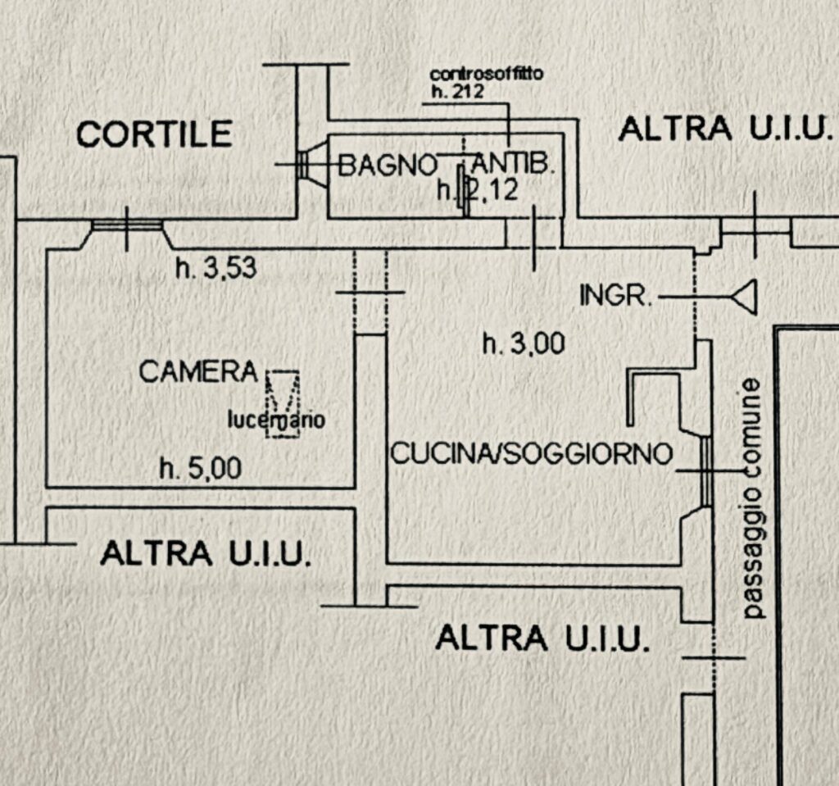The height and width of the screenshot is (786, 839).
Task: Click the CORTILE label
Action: click(x=155, y=134)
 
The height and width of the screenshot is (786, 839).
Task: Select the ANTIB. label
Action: click(x=514, y=166)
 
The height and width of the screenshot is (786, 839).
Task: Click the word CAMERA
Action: click(x=198, y=372)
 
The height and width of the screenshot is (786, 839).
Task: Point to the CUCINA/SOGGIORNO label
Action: click(x=532, y=454)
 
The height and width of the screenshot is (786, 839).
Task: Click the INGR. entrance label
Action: click(x=615, y=296)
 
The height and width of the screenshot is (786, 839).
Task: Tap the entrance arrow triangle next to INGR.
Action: click(x=745, y=296)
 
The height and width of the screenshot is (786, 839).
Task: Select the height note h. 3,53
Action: click(x=216, y=268)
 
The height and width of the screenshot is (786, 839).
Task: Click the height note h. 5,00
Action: click(x=201, y=470)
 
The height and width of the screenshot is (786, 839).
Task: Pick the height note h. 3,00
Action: click(x=524, y=344)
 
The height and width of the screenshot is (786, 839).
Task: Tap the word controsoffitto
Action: click(x=487, y=75)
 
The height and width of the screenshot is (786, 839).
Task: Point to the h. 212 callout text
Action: click(x=457, y=91)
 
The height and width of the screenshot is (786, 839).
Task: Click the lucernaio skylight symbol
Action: click(x=282, y=403)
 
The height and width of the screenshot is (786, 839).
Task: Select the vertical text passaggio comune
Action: click(x=753, y=497)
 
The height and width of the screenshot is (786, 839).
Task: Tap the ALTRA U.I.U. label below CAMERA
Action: click(x=205, y=554)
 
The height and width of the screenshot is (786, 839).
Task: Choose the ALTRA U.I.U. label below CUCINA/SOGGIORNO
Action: click(x=542, y=638)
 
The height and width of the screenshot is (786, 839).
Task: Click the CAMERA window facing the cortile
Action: click(x=127, y=225)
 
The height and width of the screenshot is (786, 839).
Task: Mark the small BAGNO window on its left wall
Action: click(x=302, y=165)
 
